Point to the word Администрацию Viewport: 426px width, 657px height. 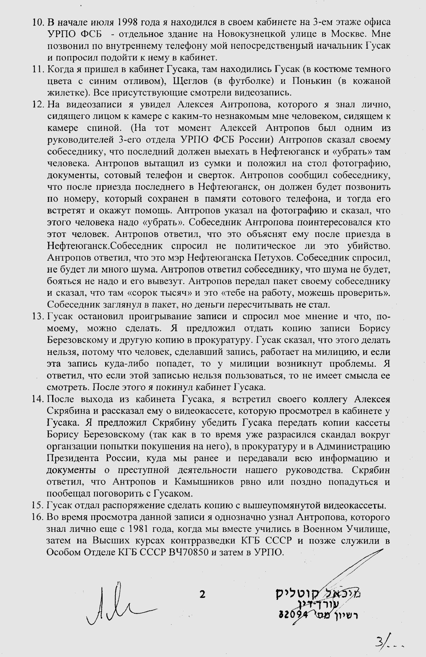(353, 447)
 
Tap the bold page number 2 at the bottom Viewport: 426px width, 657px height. (203, 594)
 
